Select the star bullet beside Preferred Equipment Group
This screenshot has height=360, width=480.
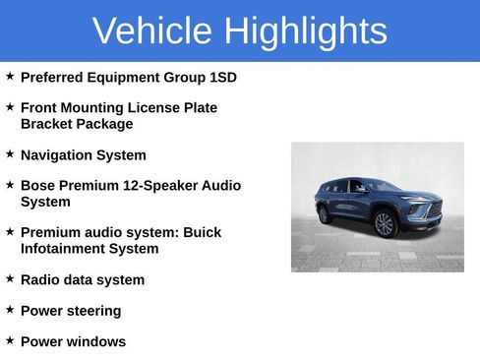pyautogui.click(x=10, y=76)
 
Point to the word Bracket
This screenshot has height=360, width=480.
pyautogui.click(x=47, y=124)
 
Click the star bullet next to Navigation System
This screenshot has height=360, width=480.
pyautogui.click(x=10, y=153)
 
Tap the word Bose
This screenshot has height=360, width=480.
pyautogui.click(x=38, y=185)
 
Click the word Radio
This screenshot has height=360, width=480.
pyautogui.click(x=40, y=279)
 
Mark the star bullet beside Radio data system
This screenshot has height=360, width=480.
pyautogui.click(x=10, y=278)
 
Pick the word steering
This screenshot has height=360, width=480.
pyautogui.click(x=91, y=311)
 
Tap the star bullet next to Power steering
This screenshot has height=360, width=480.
pyautogui.click(x=10, y=309)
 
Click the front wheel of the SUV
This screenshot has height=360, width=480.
pyautogui.click(x=385, y=223)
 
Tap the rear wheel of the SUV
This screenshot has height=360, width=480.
pyautogui.click(x=324, y=213)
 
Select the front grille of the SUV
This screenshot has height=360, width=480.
pyautogui.click(x=432, y=210)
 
